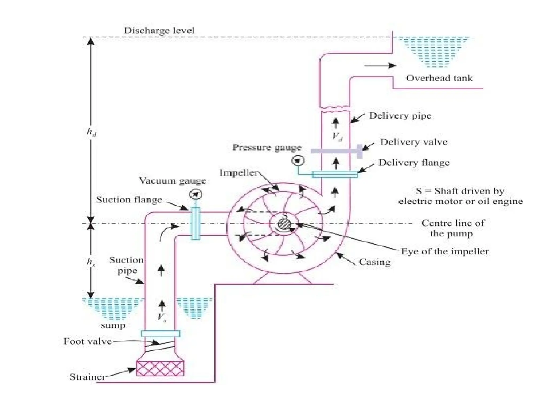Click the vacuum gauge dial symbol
tap(196, 194)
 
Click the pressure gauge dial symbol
tap(298, 161)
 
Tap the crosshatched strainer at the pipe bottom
tap(160, 368)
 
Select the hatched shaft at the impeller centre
tap(283, 224)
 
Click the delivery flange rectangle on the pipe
tap(335, 174)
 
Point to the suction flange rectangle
tap(196, 224)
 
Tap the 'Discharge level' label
tap(160, 30)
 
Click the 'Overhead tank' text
tap(439, 78)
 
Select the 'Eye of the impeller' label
tap(444, 251)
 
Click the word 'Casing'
tap(374, 262)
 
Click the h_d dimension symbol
tap(92, 132)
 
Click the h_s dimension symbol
tap(91, 262)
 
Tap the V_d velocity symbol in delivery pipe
tap(337, 137)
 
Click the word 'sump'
tap(113, 325)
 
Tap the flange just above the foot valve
tap(161, 333)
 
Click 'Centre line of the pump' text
tap(452, 228)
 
